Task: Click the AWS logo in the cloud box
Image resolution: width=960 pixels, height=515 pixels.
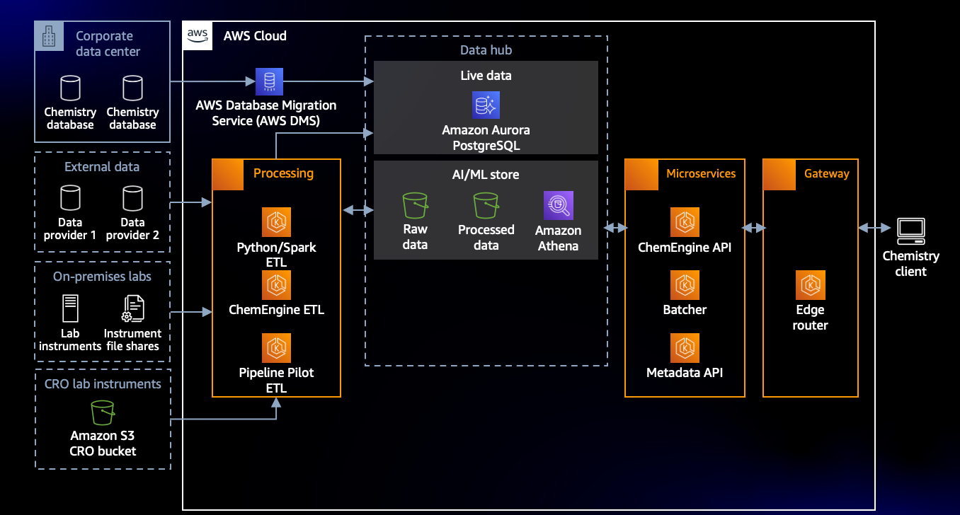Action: point(197,35)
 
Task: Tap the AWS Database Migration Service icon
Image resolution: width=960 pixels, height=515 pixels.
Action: point(269,81)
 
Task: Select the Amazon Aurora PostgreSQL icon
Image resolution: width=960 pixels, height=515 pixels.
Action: point(486,105)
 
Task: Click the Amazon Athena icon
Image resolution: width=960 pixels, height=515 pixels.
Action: point(558,205)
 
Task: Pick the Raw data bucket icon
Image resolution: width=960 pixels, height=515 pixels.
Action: point(415,205)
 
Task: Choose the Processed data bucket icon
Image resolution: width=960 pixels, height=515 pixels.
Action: point(486,205)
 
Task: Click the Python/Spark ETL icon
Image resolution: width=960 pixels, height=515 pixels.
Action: point(276,222)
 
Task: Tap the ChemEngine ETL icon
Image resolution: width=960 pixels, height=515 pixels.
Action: point(276,285)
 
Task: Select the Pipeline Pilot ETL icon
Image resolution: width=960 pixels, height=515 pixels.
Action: point(276,348)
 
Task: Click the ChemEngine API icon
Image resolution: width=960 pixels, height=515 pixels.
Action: point(685,222)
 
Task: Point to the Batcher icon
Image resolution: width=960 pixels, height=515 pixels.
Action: point(685,285)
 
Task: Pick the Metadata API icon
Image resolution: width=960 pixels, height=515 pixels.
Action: point(685,348)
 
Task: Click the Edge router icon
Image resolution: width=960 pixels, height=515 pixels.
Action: point(811,285)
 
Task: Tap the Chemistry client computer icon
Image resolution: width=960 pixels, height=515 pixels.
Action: point(911,231)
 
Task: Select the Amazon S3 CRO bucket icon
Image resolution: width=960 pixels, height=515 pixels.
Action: point(103,412)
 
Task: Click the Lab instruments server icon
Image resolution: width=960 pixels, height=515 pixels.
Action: point(70,308)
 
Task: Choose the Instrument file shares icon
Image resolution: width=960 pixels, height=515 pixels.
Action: point(133,308)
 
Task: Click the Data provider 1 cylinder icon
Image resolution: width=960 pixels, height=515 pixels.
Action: point(70,198)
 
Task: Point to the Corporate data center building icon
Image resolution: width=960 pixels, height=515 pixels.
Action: point(49,36)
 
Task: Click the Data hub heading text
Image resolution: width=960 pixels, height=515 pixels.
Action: point(486,50)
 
